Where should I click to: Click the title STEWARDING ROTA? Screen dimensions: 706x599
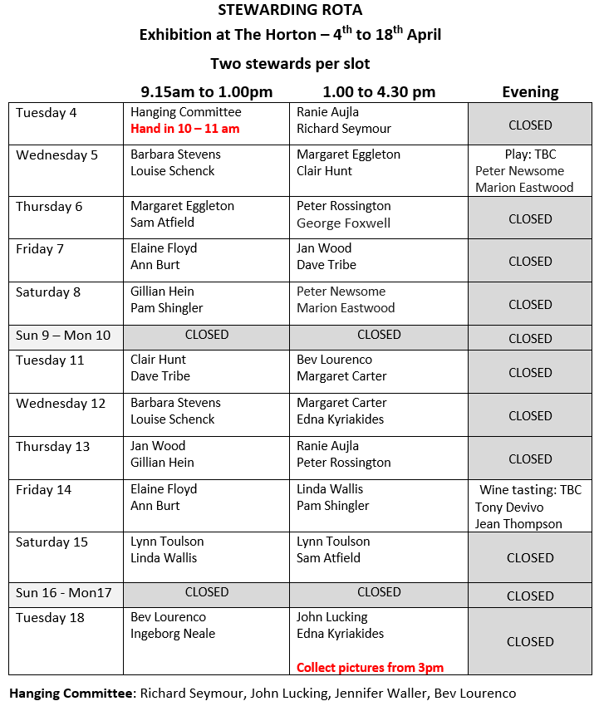coord(290,10)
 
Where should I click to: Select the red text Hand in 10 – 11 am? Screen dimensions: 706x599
coord(184,129)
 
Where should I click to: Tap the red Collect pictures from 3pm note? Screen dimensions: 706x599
coord(370,667)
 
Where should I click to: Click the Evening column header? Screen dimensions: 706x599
coord(530,92)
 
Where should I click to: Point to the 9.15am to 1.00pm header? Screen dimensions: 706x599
coord(206,92)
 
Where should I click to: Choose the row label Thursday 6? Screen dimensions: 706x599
coord(49,207)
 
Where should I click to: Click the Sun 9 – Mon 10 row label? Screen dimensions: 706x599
coord(63,335)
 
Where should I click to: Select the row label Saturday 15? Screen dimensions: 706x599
coord(52,542)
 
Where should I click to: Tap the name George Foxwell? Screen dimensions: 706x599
coord(343,223)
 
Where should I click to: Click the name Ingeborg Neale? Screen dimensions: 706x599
coord(173,634)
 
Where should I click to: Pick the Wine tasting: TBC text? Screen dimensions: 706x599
coord(531,490)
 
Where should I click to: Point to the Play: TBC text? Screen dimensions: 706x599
coord(530,154)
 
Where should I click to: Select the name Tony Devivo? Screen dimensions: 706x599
coord(509,507)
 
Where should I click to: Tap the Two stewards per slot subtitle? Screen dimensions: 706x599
coord(290,64)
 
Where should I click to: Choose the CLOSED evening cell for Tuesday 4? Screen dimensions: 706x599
coord(530,125)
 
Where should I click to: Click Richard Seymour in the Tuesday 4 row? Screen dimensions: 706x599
coord(344,129)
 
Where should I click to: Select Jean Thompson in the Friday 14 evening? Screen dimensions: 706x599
coord(518,523)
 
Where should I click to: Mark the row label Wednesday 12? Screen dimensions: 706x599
coord(61,404)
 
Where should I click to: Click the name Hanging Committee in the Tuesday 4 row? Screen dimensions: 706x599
coord(186,112)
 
